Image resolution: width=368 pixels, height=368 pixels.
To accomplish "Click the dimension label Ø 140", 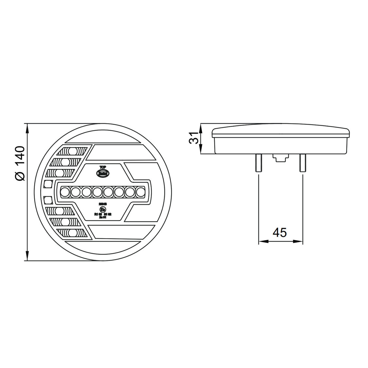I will [20, 163].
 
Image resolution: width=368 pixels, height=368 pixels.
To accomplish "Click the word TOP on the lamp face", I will [102, 166].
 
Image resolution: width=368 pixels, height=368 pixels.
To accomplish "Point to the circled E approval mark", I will [102, 209].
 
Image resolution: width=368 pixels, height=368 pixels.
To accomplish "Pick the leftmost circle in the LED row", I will [65, 192].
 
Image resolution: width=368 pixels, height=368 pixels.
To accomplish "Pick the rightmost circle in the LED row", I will [140, 192].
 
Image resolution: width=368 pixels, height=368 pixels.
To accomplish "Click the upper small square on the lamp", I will [48, 184].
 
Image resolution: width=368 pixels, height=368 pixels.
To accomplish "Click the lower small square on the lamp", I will [48, 199].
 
